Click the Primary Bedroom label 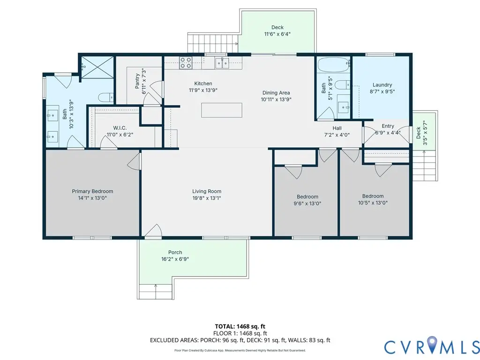pyautogui.click(x=92, y=191)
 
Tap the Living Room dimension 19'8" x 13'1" pyautogui.click(x=207, y=198)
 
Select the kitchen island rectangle pyautogui.click(x=222, y=110)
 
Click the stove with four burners pyautogui.click(x=186, y=62)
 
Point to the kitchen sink pyautogui.click(x=222, y=62)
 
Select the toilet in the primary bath pyautogui.click(x=106, y=97)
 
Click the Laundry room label pyautogui.click(x=382, y=85)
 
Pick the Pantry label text pyautogui.click(x=137, y=80)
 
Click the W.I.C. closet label pyautogui.click(x=120, y=128)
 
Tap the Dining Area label pyautogui.click(x=276, y=93)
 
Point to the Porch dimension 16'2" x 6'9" pyautogui.click(x=175, y=259)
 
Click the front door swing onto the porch pyautogui.click(x=153, y=232)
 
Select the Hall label pyautogui.click(x=337, y=128)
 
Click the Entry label pyautogui.click(x=388, y=126)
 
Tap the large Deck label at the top pyautogui.click(x=277, y=27)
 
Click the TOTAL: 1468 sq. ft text pyautogui.click(x=240, y=326)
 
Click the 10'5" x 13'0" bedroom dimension pyautogui.click(x=373, y=203)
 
